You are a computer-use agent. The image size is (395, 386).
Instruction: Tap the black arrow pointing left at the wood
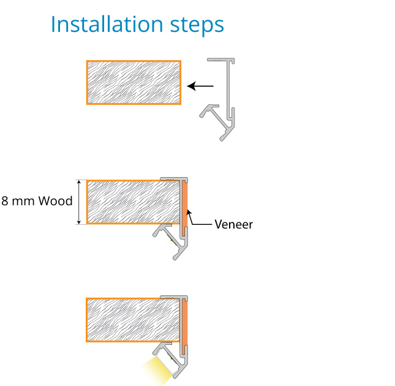pyautogui.click(x=200, y=86)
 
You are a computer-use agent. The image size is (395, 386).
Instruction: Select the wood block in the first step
pyautogui.click(x=134, y=82)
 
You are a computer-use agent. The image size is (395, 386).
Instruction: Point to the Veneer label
pyautogui.click(x=233, y=224)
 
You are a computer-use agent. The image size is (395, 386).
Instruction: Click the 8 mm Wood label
pyautogui.click(x=37, y=201)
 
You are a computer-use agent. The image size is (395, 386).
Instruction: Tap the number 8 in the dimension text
pyautogui.click(x=6, y=201)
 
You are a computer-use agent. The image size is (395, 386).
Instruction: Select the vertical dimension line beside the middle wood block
pyautogui.click(x=79, y=202)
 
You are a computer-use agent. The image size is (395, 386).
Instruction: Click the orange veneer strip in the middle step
pyautogui.click(x=184, y=202)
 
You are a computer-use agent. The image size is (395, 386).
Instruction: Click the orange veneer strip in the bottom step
pyautogui.click(x=184, y=320)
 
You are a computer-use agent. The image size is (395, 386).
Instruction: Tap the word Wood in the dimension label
pyautogui.click(x=56, y=201)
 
